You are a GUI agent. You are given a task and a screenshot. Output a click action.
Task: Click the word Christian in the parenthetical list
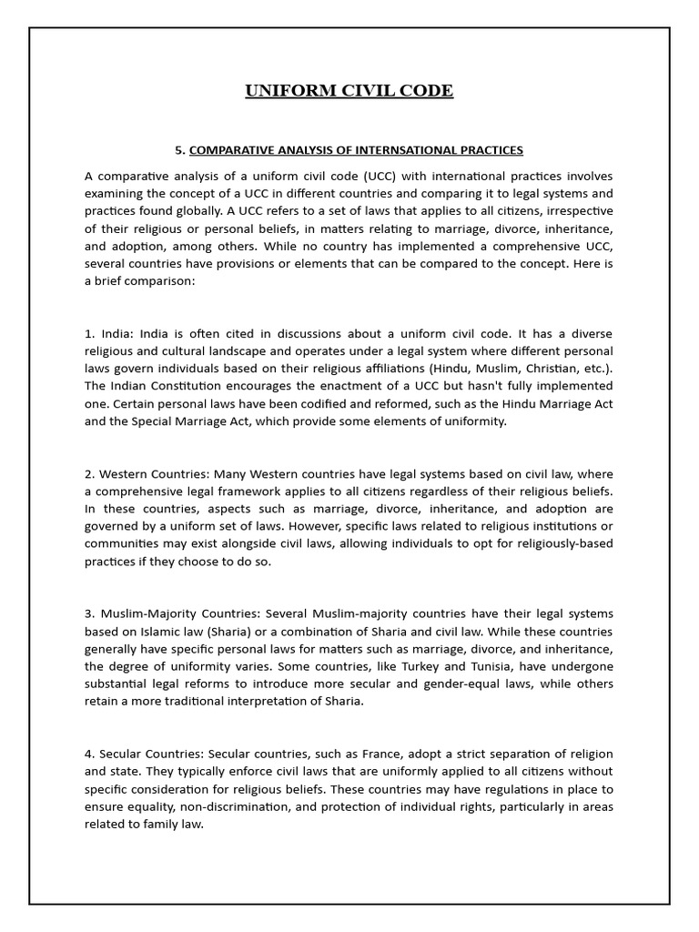[x=548, y=369]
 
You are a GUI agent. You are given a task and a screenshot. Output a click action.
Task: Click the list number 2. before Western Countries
[x=89, y=474]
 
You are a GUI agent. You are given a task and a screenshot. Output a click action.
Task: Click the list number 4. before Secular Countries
[x=89, y=755]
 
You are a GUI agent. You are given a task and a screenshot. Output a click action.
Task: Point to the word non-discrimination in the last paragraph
[x=213, y=806]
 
